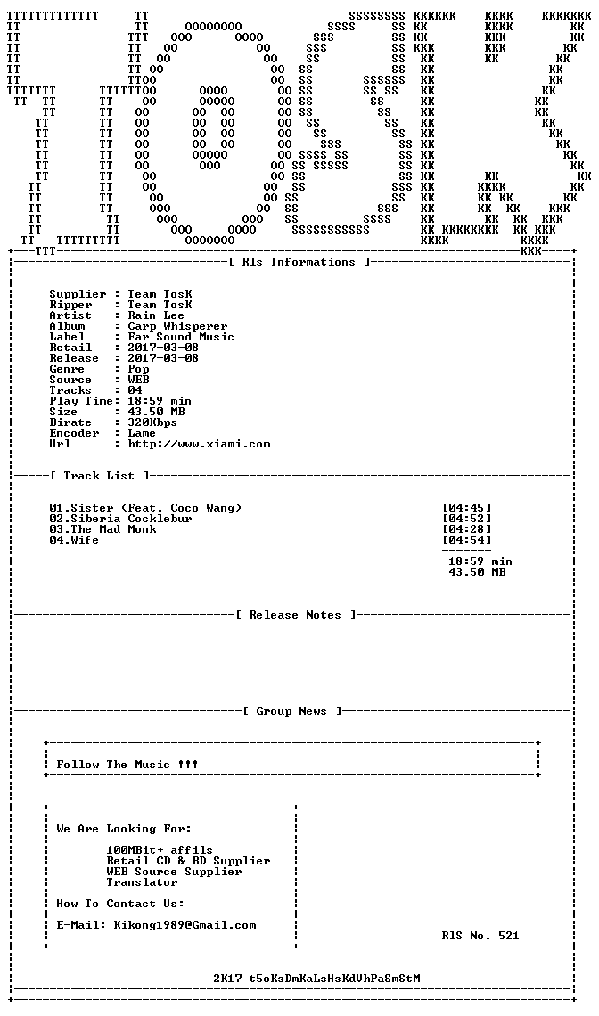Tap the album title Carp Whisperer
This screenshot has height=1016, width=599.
point(177,326)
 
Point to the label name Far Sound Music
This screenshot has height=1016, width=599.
point(181,337)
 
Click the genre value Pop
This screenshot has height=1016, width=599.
point(139,369)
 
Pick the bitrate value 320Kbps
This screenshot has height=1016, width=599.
point(152,422)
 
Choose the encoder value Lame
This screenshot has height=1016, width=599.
point(142,433)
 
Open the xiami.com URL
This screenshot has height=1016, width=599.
point(199,445)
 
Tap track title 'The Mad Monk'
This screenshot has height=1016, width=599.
point(113,529)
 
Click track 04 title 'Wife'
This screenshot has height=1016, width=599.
point(85,540)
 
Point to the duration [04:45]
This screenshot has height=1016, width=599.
point(467,508)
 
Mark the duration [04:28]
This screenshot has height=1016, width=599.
point(467,529)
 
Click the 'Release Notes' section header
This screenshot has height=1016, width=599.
point(295,615)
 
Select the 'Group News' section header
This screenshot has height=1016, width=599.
point(291,711)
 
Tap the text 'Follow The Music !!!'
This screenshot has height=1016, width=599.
point(127,765)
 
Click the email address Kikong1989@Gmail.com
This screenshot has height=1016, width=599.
point(185,925)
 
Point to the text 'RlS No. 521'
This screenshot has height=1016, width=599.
point(480,936)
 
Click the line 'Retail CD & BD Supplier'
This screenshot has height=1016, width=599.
point(189,861)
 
